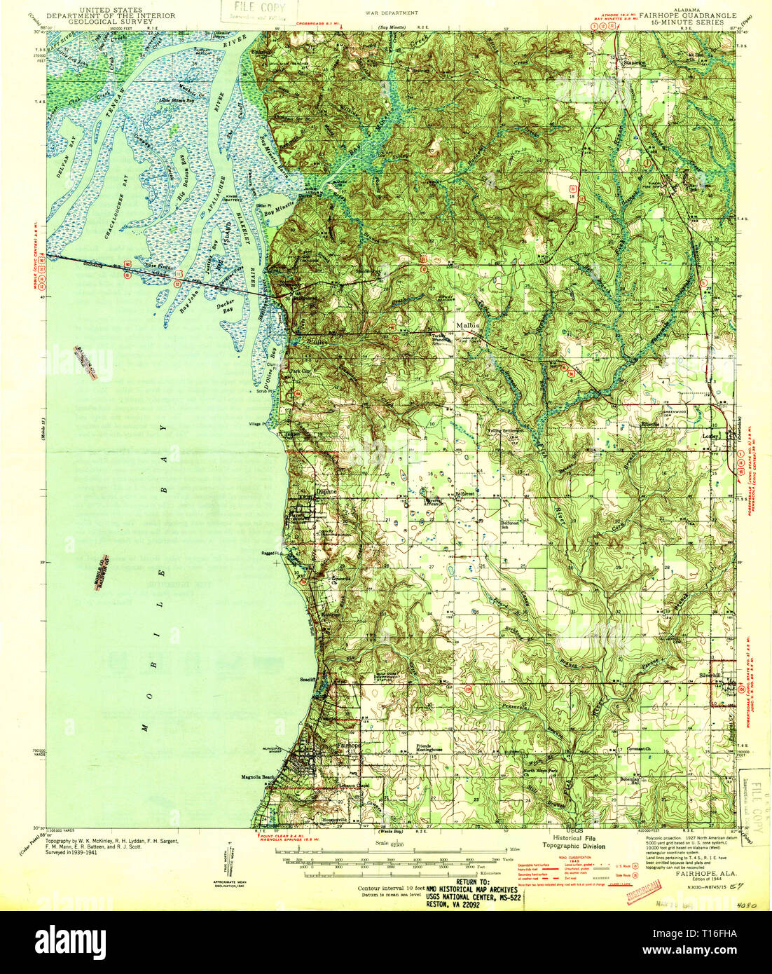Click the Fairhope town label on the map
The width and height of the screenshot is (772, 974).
[x=348, y=746]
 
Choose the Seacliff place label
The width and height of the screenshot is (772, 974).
[x=309, y=679]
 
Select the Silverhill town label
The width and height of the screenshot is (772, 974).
[x=709, y=675]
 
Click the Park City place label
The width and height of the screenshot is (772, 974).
[x=300, y=371]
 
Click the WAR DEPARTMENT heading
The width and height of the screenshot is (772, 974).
[x=392, y=13]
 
